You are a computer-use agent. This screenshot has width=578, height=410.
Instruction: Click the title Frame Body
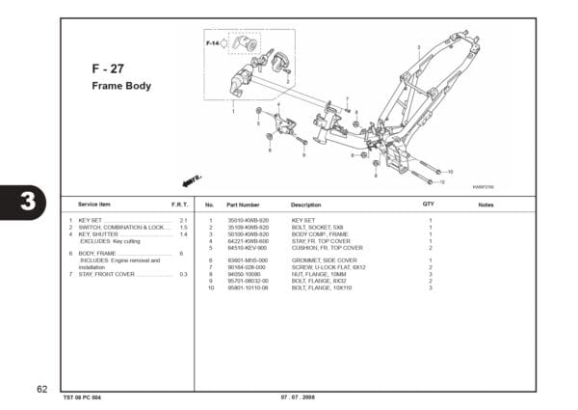(x=120, y=86)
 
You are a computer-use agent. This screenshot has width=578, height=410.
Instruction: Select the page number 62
(x=41, y=388)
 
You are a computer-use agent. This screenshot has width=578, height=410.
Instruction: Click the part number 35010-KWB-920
(x=246, y=221)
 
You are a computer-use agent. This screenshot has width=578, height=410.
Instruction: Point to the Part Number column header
(x=243, y=205)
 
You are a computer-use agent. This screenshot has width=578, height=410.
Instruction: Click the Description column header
(x=305, y=205)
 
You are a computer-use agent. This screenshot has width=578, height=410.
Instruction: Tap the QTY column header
(x=429, y=205)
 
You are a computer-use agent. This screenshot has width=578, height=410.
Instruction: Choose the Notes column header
(x=486, y=205)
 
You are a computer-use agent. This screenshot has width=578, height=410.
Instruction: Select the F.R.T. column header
(x=179, y=205)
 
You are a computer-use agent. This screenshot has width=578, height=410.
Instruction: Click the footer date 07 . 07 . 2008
(x=299, y=397)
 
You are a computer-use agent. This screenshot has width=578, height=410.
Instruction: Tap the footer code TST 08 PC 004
(x=83, y=397)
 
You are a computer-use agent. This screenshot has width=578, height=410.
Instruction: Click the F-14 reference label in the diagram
(x=212, y=43)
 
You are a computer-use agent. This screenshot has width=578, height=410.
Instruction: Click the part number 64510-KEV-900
(x=246, y=248)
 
